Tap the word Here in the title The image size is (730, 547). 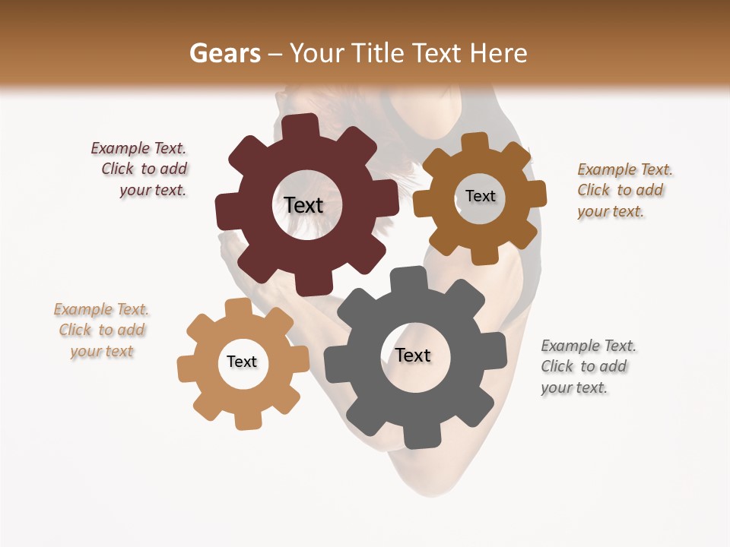[499, 53]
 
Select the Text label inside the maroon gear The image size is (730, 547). [303, 205]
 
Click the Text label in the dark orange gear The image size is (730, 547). [480, 196]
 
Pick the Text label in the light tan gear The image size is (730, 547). [242, 362]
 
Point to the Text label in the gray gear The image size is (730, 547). [413, 355]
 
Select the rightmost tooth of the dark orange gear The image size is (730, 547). [535, 195]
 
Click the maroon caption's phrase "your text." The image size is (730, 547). [153, 190]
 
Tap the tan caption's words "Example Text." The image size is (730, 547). [101, 309]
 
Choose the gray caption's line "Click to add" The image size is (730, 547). [584, 366]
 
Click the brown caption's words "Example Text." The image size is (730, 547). [625, 169]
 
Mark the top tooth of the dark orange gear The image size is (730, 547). [474, 142]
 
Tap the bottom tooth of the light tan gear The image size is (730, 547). [248, 419]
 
